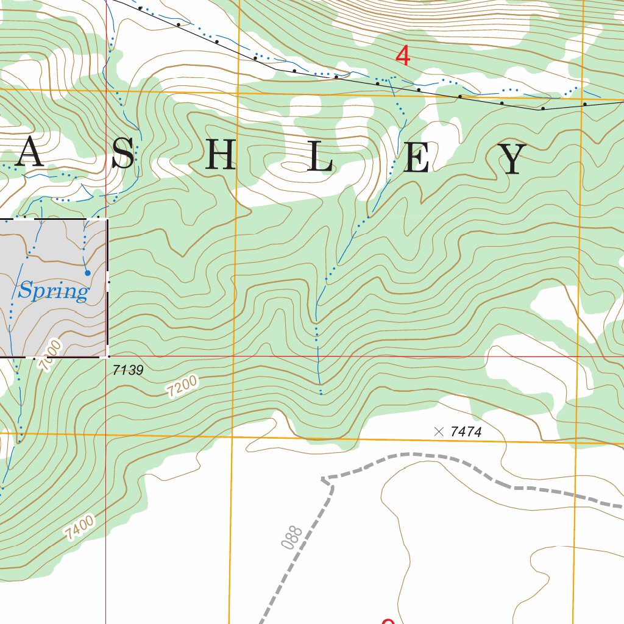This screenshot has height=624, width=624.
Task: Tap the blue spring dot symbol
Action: [87, 273]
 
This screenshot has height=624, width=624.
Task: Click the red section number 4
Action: [403, 56]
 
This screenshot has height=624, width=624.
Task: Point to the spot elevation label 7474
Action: [466, 432]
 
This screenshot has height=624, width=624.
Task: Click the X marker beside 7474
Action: [439, 431]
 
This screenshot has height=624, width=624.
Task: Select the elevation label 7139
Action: [128, 370]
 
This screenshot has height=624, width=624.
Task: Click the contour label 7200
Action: [182, 387]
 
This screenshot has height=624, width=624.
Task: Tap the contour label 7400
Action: [80, 528]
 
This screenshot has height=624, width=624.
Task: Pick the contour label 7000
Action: [50, 356]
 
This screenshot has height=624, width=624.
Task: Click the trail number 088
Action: [293, 537]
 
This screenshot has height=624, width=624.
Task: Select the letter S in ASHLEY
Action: [122, 155]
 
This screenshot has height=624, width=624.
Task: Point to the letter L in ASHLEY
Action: [320, 159]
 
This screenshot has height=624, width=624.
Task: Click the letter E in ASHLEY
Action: [417, 159]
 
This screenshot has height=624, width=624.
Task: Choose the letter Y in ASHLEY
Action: [513, 159]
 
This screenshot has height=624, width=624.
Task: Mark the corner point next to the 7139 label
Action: [108, 356]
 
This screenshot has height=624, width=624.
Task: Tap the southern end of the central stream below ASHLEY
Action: [321, 393]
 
